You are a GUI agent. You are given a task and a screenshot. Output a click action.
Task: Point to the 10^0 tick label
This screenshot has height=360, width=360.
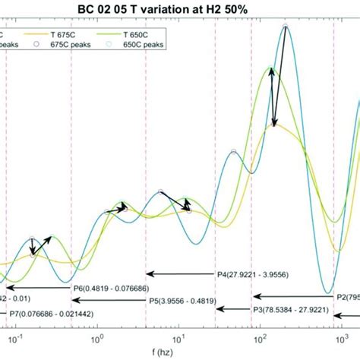pyautogui.click(x=96, y=334)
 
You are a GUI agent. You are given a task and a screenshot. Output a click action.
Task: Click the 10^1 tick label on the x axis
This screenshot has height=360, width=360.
pyautogui.click(x=178, y=334)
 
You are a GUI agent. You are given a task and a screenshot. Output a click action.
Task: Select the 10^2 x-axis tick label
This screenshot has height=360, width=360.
pyautogui.click(x=260, y=334)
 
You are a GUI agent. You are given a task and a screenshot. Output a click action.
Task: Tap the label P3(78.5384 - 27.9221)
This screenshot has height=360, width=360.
pyautogui.click(x=292, y=310)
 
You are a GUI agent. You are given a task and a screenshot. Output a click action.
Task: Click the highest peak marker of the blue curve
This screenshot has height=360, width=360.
pyautogui.click(x=285, y=27)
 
